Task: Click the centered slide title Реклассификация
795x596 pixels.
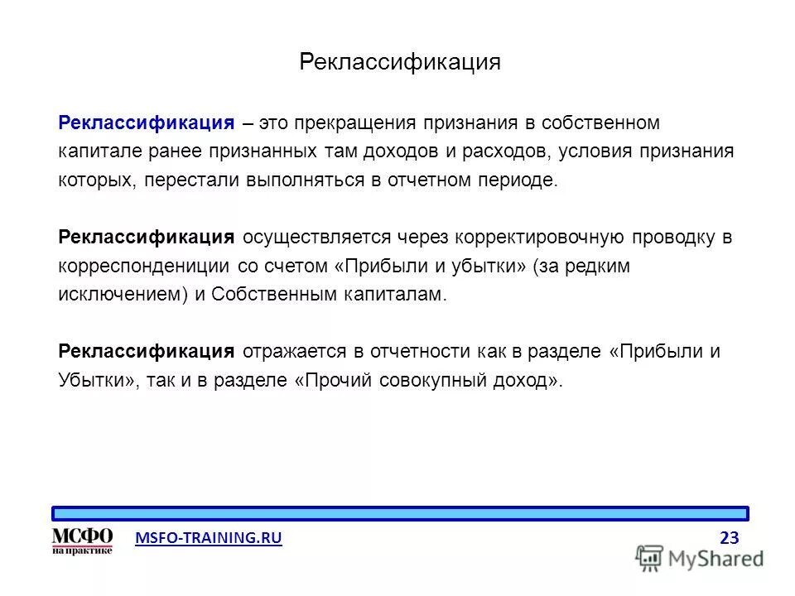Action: (x=399, y=63)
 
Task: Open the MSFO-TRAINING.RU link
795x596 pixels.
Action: (x=208, y=538)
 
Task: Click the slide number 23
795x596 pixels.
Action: (x=729, y=538)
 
